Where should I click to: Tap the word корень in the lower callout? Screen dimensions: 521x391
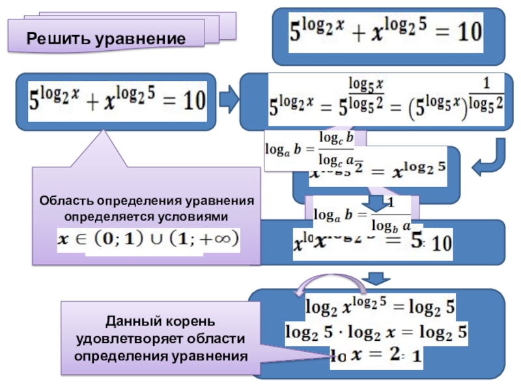[x=182, y=323]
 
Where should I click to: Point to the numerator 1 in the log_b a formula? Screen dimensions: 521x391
[x=390, y=203]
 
